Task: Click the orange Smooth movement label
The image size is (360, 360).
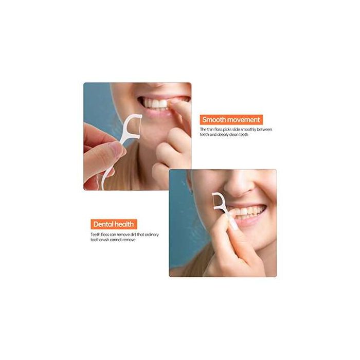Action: [x=231, y=120]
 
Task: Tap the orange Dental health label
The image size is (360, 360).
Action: [x=114, y=224]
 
